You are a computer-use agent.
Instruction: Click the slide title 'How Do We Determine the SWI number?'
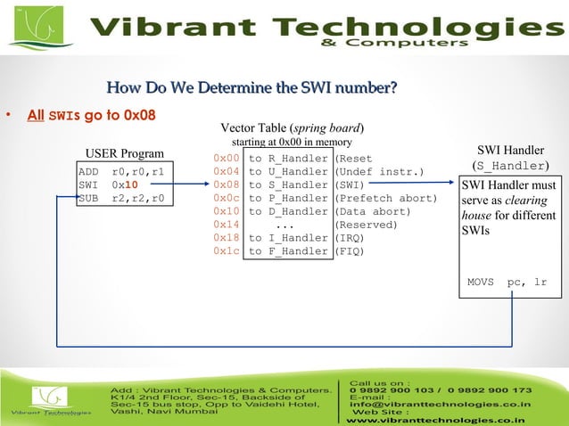251,87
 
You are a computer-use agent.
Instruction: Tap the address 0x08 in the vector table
226,184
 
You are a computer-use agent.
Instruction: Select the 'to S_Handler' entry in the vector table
288,184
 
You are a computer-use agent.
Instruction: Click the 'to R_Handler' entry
288,158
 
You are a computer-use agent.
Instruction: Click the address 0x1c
226,251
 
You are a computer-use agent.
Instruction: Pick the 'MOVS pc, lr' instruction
507,283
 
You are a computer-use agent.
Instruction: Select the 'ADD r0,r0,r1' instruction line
120,171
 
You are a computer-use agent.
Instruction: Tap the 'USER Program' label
124,153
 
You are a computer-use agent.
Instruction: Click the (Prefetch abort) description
385,198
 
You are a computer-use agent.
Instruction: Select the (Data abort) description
372,211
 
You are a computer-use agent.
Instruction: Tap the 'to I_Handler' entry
288,238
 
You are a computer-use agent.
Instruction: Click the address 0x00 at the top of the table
226,158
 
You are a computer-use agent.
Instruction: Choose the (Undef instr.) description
379,171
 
